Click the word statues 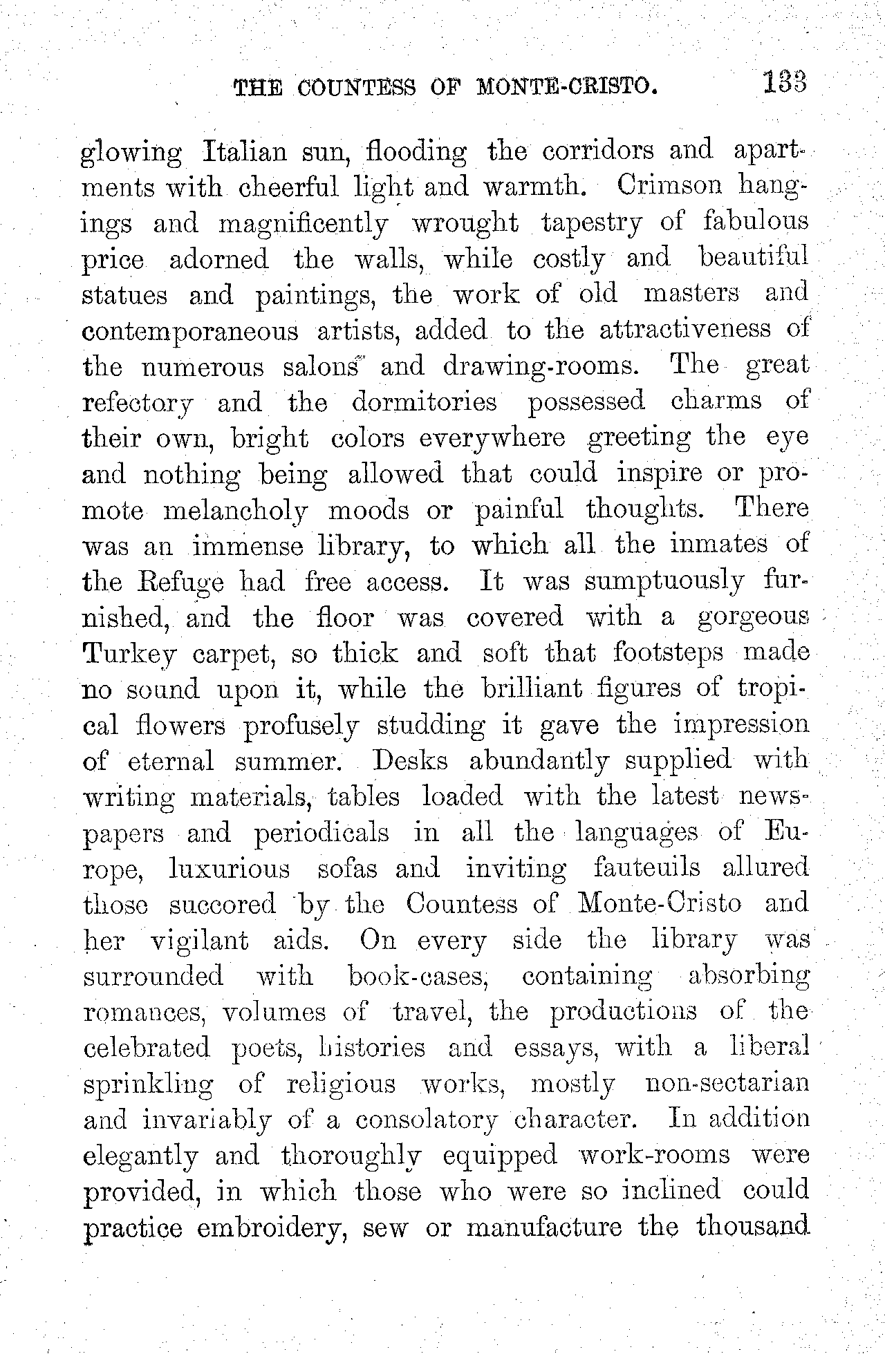(x=124, y=295)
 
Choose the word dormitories (x=424, y=402)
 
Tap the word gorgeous (x=753, y=618)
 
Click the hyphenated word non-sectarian (x=727, y=1083)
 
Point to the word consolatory (x=426, y=1120)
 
